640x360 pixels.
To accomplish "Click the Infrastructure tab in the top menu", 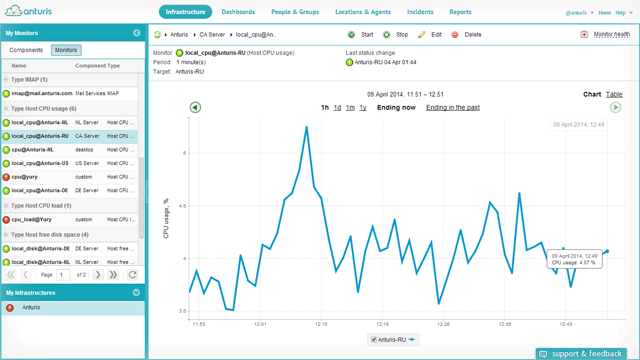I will point(185,12).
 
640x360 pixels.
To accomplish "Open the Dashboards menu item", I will point(238,12).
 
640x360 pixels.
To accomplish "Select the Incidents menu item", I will point(420,12).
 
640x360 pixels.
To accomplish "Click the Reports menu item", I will point(460,12).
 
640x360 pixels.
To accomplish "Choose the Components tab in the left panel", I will point(26,49).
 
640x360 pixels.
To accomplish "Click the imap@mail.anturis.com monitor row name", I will point(42,93).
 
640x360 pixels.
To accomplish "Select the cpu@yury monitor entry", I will point(23,176).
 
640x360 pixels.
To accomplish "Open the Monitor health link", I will point(611,34).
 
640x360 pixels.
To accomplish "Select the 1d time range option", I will point(337,107).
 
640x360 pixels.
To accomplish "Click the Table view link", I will point(614,94).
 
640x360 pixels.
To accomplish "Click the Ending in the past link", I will point(452,107).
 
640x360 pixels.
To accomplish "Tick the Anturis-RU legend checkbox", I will point(374,340).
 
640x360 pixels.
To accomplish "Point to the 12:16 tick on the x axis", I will point(321,324).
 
